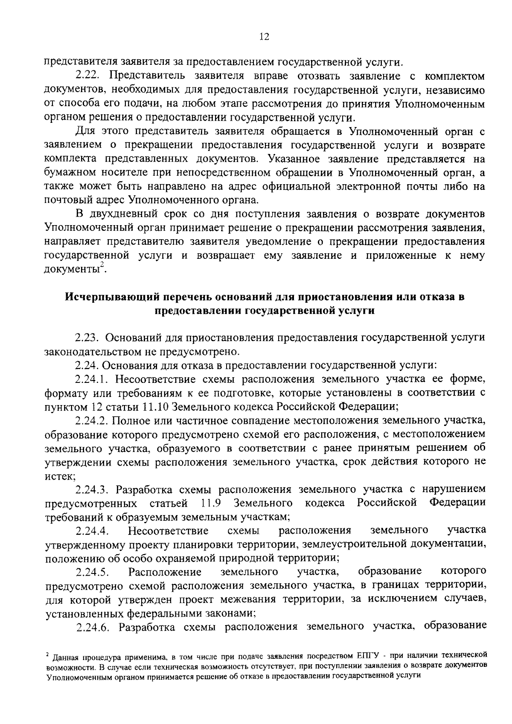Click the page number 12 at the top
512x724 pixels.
pyautogui.click(x=264, y=37)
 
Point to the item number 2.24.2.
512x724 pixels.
pyautogui.click(x=93, y=420)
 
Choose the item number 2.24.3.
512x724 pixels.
pyautogui.click(x=93, y=489)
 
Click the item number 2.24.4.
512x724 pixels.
pyautogui.click(x=93, y=530)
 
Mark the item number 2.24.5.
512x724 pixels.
pyautogui.click(x=93, y=571)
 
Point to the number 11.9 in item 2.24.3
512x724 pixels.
pyautogui.click(x=211, y=503)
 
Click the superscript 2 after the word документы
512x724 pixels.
pyautogui.click(x=102, y=266)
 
